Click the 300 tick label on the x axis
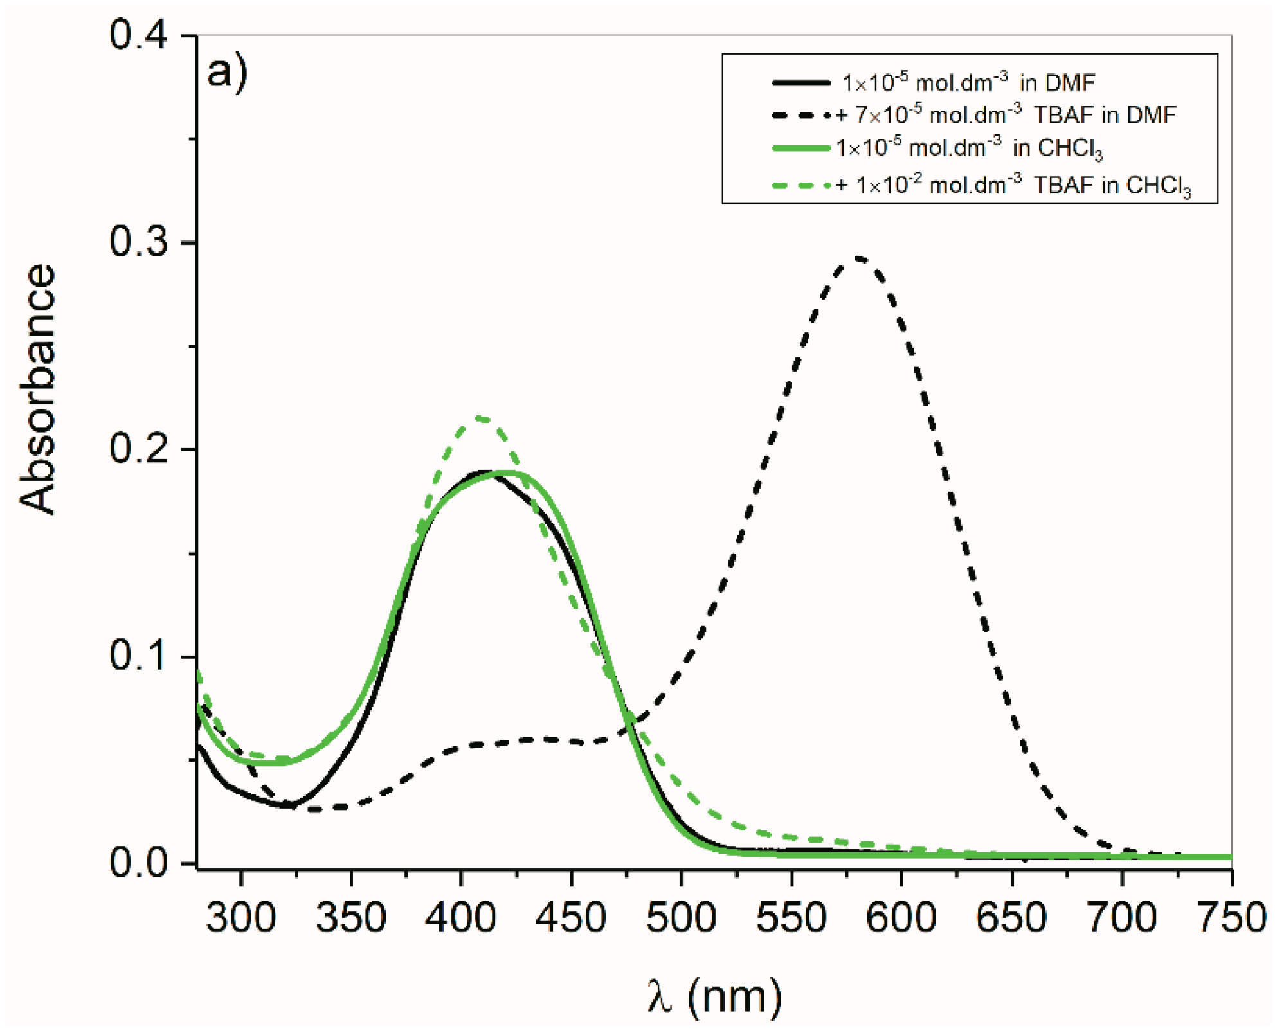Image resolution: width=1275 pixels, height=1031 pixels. click(x=241, y=917)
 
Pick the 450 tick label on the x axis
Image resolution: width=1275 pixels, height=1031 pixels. click(x=571, y=917)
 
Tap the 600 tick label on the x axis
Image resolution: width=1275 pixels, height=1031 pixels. click(x=901, y=917)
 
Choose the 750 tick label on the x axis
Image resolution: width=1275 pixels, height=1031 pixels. click(x=1231, y=917)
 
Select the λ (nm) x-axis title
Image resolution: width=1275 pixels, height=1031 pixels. click(x=714, y=997)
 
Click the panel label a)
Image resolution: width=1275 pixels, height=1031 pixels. click(x=226, y=72)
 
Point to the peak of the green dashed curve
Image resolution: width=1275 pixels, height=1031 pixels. click(x=481, y=418)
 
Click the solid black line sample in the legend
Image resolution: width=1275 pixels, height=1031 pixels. click(x=800, y=83)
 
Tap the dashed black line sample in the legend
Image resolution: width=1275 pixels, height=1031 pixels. click(x=800, y=116)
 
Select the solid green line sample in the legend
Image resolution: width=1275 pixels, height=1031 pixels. click(x=800, y=148)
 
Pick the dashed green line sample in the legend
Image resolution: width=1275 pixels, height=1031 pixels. click(x=800, y=186)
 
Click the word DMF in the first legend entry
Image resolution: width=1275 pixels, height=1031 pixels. click(x=1070, y=83)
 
